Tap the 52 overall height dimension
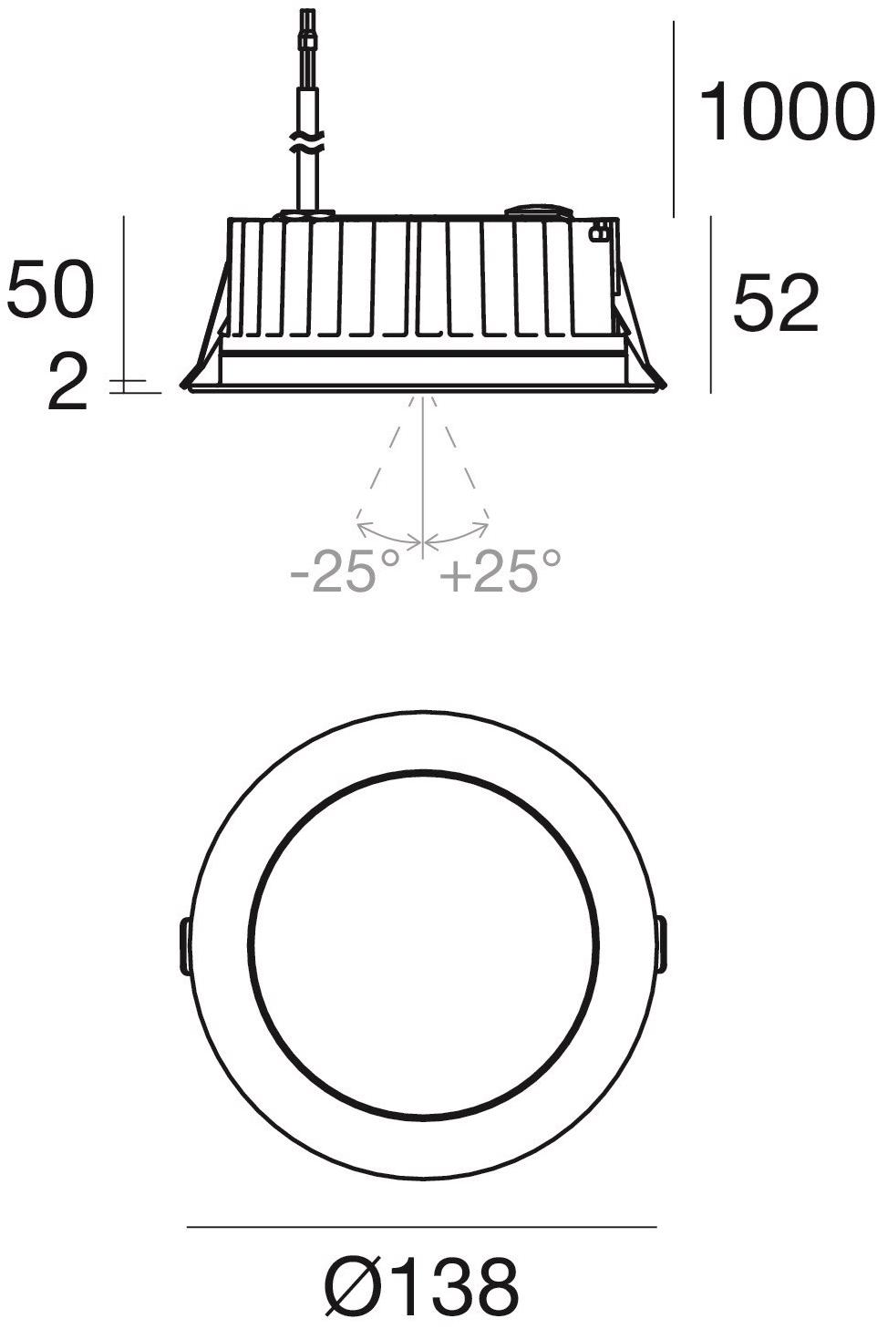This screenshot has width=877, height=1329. pyautogui.click(x=776, y=303)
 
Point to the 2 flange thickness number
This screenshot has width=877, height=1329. pyautogui.click(x=67, y=382)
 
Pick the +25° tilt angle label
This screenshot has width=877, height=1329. pyautogui.click(x=500, y=571)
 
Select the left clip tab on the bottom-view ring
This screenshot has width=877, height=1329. pyautogui.click(x=184, y=946)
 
